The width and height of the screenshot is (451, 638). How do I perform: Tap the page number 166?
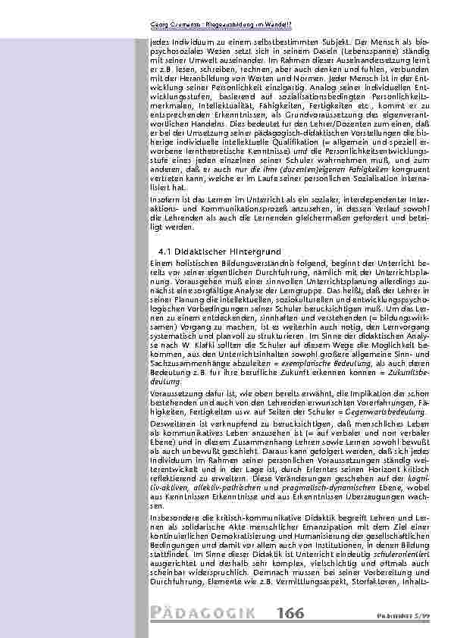[x=293, y=611]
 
